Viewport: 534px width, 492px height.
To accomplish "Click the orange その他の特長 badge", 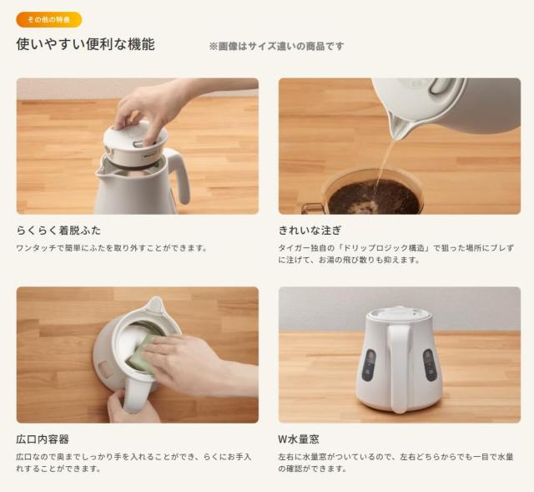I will pos(48,18).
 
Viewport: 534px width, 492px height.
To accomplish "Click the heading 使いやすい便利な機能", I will pos(85,45).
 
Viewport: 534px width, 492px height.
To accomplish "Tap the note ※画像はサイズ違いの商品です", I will pos(276,47).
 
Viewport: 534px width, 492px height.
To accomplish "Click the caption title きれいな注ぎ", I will pos(310,230).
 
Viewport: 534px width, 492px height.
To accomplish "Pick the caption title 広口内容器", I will pos(43,439).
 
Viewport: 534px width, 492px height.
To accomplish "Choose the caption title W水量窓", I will pos(299,439).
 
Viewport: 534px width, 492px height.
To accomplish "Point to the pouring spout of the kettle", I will pos(400,127).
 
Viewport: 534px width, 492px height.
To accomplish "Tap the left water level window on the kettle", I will pos(369,365).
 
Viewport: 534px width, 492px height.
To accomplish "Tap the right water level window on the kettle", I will pos(430,365).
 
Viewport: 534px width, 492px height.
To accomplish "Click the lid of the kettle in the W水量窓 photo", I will pos(399,313).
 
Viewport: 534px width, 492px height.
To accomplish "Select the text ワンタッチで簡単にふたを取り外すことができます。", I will pos(111,248).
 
